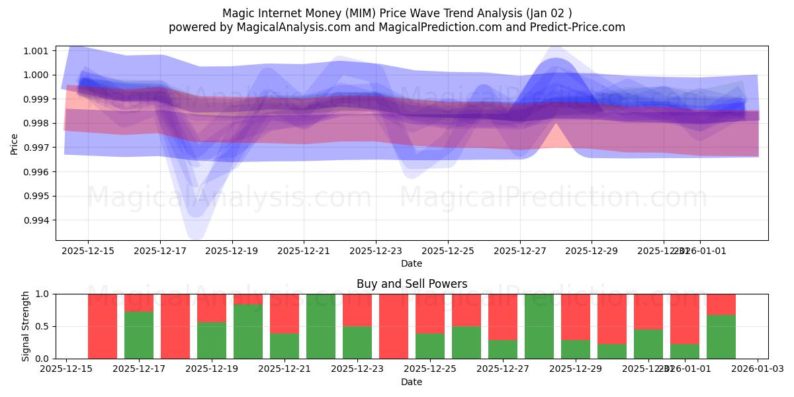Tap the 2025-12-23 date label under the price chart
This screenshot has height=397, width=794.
coord(376,251)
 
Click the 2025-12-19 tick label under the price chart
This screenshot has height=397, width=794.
coord(232,251)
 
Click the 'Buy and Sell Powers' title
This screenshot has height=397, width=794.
coord(412,284)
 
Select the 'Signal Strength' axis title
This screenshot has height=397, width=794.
coord(26,326)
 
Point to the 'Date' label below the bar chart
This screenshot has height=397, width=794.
coord(412,382)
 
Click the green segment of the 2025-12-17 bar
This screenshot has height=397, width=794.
coord(139,335)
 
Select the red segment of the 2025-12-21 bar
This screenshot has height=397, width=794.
coord(284,313)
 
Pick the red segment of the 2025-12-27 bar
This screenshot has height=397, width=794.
coord(503,317)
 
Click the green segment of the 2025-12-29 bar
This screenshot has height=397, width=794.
coord(576,349)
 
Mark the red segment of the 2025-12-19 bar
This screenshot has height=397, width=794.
coord(212,308)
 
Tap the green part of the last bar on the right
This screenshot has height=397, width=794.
coord(721,337)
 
